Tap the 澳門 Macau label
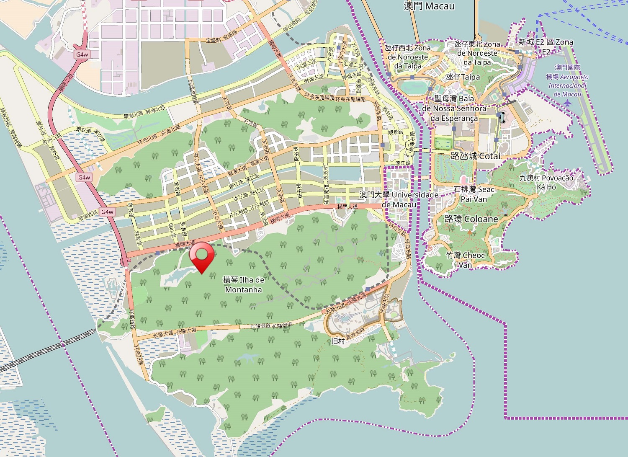tap(429, 6)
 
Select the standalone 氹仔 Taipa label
tap(463, 77)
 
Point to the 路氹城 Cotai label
tap(476, 156)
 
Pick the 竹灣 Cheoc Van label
tap(465, 260)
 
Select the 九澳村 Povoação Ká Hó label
tap(546, 182)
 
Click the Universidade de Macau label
tap(399, 199)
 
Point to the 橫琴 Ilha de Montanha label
tap(244, 284)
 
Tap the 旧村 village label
tap(338, 341)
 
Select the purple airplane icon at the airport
tap(567, 103)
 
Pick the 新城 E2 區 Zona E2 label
tap(546, 46)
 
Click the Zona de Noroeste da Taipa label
tap(408, 57)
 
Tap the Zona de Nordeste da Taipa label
tap(477, 53)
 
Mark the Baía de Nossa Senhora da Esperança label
tap(454, 108)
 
